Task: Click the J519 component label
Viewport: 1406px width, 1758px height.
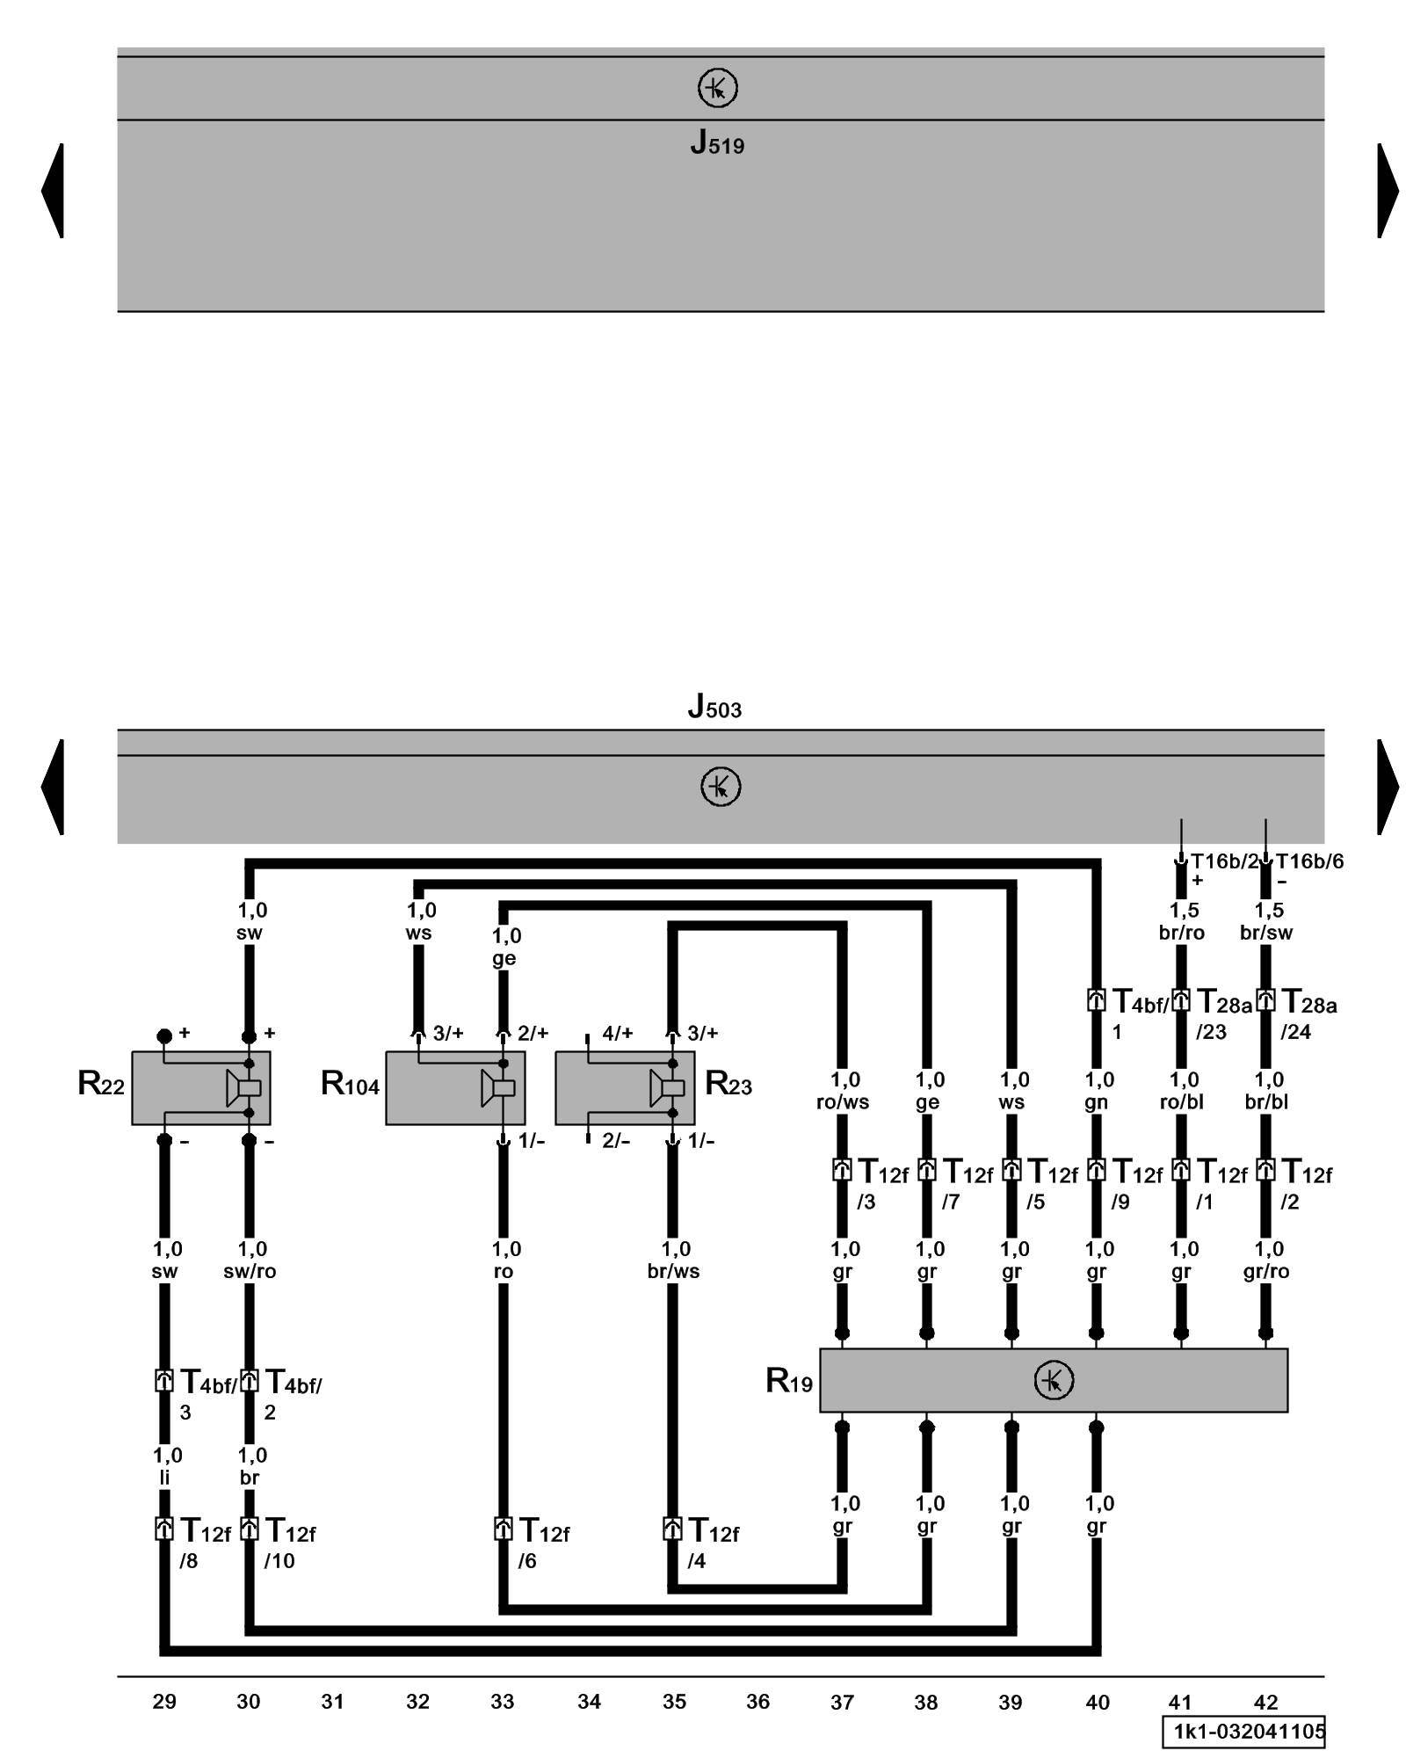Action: tap(717, 142)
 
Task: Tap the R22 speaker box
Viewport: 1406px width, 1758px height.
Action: tap(200, 1087)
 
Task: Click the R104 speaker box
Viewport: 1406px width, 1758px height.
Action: tap(455, 1087)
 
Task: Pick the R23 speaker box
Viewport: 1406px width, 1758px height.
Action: tap(624, 1087)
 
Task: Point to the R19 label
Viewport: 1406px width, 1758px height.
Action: tap(789, 1381)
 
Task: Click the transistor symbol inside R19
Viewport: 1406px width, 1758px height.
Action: tap(1054, 1380)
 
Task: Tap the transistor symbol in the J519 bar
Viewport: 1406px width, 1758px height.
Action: tap(717, 89)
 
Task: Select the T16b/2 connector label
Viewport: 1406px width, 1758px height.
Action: tap(1224, 861)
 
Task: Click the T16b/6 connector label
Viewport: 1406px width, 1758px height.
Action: tap(1309, 861)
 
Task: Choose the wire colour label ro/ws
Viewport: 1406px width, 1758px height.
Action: tap(842, 1102)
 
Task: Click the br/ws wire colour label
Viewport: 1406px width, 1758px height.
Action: tap(673, 1271)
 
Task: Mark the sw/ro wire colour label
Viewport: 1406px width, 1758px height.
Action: tap(250, 1271)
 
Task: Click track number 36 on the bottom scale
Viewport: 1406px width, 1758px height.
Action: tap(757, 1702)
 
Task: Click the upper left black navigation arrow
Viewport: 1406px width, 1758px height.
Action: tap(53, 190)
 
